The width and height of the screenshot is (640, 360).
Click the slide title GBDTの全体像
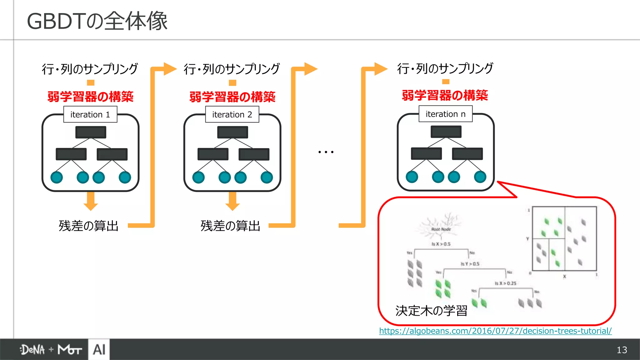pos(97,21)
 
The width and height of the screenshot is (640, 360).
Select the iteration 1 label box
pos(90,114)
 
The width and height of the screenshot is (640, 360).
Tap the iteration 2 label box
pos(232,114)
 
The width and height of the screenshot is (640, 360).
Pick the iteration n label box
pos(445,114)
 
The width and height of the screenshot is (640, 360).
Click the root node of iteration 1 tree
pos(91,132)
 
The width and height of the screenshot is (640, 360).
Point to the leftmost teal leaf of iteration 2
pos(198,177)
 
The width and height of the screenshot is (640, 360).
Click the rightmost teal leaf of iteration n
pos(480,177)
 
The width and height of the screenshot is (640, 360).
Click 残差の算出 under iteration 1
pos(89,226)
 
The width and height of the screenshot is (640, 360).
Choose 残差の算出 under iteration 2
pos(231,226)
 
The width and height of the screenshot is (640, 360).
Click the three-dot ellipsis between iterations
pos(326,152)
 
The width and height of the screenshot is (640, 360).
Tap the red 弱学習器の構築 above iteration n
pos(445,95)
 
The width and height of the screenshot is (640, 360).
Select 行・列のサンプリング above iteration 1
pos(90,69)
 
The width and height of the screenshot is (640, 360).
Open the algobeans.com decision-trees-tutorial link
pos(495,331)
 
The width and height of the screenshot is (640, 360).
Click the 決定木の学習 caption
pos(431,310)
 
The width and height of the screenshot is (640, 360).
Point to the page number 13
pos(622,350)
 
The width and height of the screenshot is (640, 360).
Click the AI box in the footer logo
pos(99,349)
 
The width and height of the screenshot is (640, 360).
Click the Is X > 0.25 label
pos(505,283)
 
